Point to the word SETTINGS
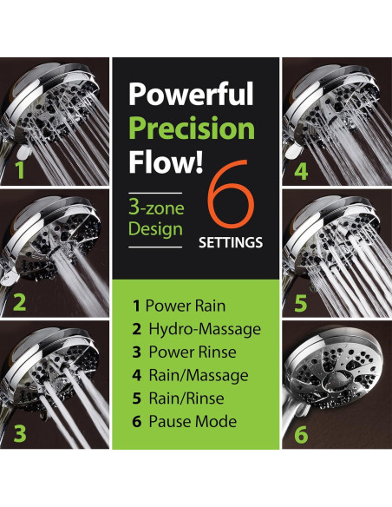pos(229,243)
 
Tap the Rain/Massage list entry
pos(189,376)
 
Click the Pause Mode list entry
pos(183,423)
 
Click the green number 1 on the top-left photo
pos(19,170)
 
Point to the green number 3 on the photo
pos(20,433)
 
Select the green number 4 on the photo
pos(300,170)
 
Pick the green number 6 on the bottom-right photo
pos(300,434)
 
